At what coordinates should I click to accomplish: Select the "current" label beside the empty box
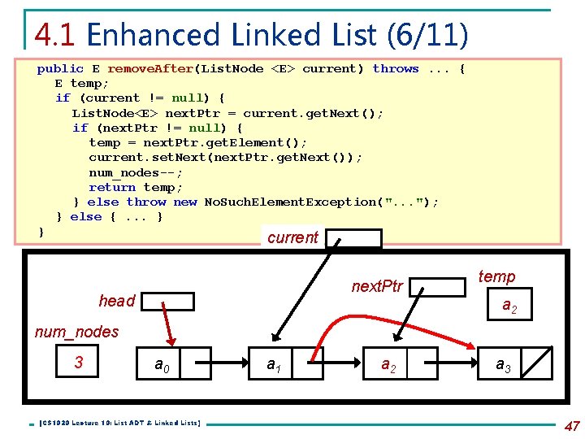pyautogui.click(x=292, y=237)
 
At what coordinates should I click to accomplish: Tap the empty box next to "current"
pyautogui.click(x=353, y=238)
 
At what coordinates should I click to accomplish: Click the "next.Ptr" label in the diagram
pyautogui.click(x=377, y=286)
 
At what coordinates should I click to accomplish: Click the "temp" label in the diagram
pyautogui.click(x=496, y=276)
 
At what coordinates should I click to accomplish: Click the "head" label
pyautogui.click(x=117, y=301)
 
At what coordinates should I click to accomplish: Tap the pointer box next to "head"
pyautogui.click(x=166, y=302)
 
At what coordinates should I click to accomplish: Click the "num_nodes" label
pyautogui.click(x=76, y=332)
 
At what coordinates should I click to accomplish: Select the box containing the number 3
pyautogui.click(x=79, y=362)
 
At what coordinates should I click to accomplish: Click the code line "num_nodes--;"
pyautogui.click(x=136, y=172)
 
